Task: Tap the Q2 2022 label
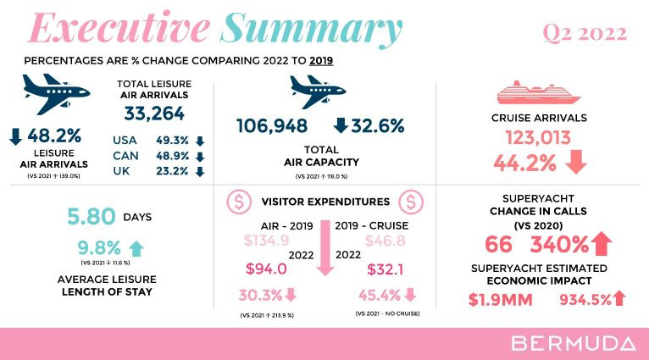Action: (584, 34)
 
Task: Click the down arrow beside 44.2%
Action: (576, 162)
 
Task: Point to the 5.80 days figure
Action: (91, 217)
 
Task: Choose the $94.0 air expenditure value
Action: (266, 269)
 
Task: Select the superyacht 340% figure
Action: (560, 246)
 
